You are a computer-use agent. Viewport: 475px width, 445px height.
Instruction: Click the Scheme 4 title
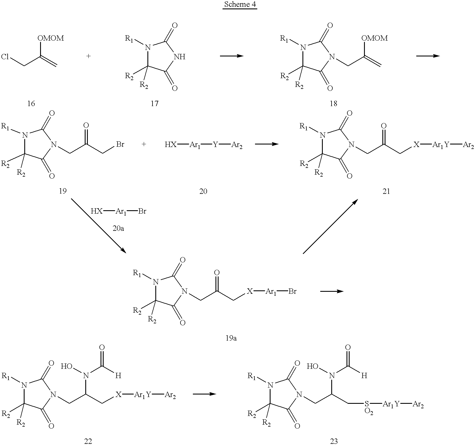pyautogui.click(x=240, y=5)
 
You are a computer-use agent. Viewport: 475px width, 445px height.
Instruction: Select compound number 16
pyautogui.click(x=31, y=104)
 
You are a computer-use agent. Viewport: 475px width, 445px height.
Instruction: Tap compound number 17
pyautogui.click(x=154, y=104)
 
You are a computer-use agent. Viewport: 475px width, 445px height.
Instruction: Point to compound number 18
pyautogui.click(x=334, y=104)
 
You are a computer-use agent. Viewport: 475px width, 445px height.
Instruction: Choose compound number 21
pyautogui.click(x=386, y=191)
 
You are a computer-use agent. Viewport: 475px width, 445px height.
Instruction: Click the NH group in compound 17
pyautogui.click(x=180, y=57)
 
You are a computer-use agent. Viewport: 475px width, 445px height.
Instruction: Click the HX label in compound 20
pyautogui.click(x=171, y=145)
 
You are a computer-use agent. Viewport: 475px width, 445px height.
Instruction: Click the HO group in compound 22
pyautogui.click(x=67, y=366)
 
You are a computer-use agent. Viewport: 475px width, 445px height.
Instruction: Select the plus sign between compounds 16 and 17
pyautogui.click(x=88, y=56)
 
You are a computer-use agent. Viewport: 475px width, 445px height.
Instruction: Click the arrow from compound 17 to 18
pyautogui.click(x=232, y=56)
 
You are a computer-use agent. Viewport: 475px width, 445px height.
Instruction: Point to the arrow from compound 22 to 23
pyautogui.click(x=204, y=394)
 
